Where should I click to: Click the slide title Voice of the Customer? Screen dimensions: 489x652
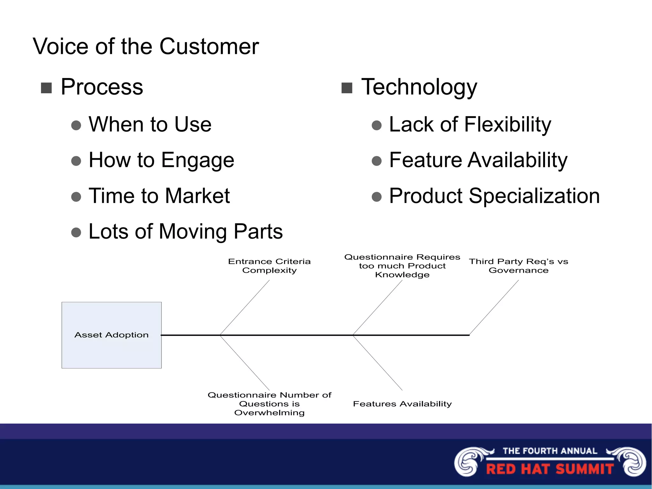click(146, 47)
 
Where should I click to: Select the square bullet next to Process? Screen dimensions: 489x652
click(46, 88)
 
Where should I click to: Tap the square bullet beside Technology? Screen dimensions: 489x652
click(347, 88)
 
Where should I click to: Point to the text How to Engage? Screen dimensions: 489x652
click(161, 160)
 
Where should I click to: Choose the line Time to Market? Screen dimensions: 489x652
click(159, 196)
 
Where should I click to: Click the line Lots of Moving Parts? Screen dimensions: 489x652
click(186, 231)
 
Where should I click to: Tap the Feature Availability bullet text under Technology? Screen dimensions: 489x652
click(478, 160)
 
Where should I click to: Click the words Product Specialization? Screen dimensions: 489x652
click(494, 196)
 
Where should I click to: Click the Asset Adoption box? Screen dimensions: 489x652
click(111, 335)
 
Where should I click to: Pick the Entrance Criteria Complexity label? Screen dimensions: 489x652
click(269, 266)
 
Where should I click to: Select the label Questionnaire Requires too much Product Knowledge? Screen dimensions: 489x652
click(402, 266)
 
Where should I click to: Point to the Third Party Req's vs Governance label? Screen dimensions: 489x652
click(518, 266)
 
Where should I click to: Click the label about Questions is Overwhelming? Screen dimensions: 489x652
click(269, 404)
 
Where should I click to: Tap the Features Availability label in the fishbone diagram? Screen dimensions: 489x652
click(402, 404)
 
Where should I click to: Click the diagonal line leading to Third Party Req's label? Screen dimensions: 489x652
click(494, 307)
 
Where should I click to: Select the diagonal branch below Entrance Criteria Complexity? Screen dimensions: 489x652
click(244, 308)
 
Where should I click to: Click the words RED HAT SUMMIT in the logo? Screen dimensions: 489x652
click(550, 469)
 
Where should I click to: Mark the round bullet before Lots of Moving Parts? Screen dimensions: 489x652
click(76, 232)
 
